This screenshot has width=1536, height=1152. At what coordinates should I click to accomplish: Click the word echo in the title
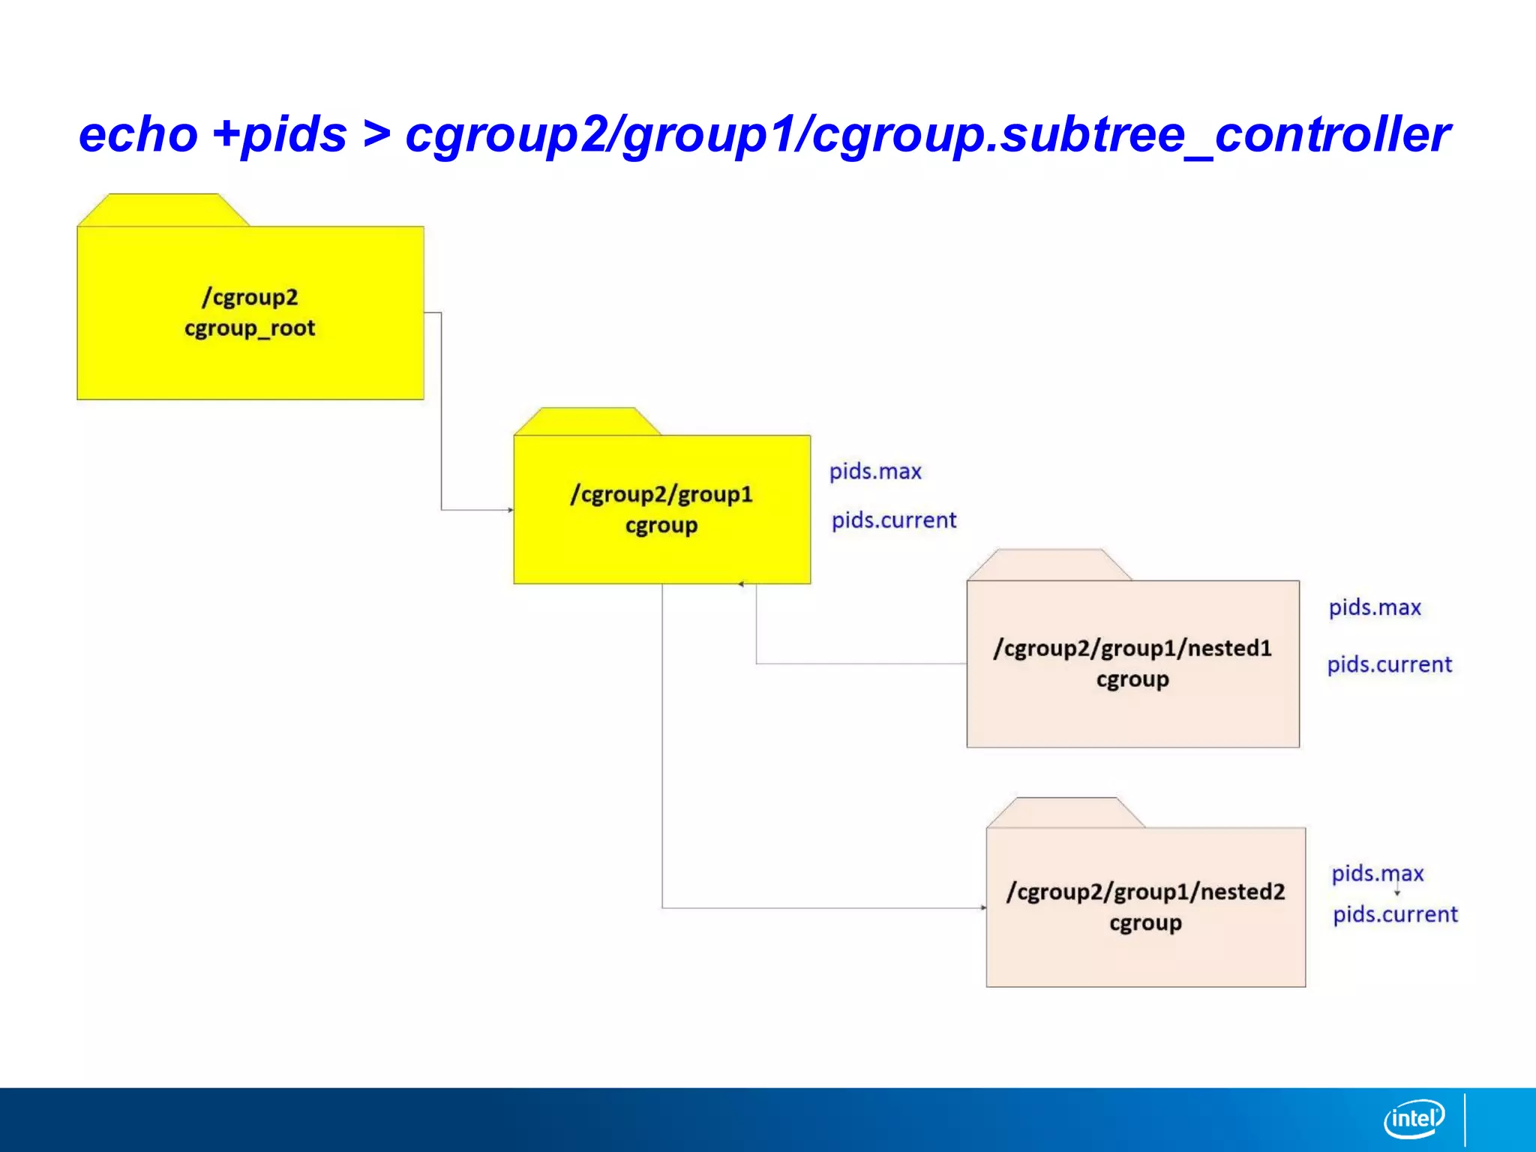pos(138,135)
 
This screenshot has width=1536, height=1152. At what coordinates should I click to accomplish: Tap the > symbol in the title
pos(376,135)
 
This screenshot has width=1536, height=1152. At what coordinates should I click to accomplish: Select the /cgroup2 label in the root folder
pos(250,298)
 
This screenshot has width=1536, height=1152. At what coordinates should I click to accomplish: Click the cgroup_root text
pos(250,328)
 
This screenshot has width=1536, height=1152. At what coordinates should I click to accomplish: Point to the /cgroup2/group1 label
pos(661,495)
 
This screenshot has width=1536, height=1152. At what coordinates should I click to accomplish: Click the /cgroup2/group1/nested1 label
pos(1132,648)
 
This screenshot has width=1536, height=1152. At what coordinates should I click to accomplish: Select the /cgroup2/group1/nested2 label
pos(1145,892)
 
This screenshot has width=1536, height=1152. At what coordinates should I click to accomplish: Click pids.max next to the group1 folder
pos(875,472)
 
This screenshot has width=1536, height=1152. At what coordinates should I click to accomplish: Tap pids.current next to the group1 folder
pos(894,520)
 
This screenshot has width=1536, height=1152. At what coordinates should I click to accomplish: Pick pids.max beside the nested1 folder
pos(1375,607)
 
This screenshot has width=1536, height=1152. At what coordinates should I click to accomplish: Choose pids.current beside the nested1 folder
pos(1389,664)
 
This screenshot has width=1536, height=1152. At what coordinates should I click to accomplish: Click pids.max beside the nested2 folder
pos(1377,874)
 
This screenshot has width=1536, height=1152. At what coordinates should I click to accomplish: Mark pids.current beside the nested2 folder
pos(1395,915)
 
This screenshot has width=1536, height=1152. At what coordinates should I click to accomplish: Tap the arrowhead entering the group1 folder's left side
pos(511,510)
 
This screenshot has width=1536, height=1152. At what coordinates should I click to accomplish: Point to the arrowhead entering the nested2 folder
pos(983,907)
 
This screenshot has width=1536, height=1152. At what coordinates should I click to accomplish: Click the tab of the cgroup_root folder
pos(163,210)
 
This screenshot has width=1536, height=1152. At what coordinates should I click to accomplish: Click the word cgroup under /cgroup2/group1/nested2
pos(1145,923)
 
